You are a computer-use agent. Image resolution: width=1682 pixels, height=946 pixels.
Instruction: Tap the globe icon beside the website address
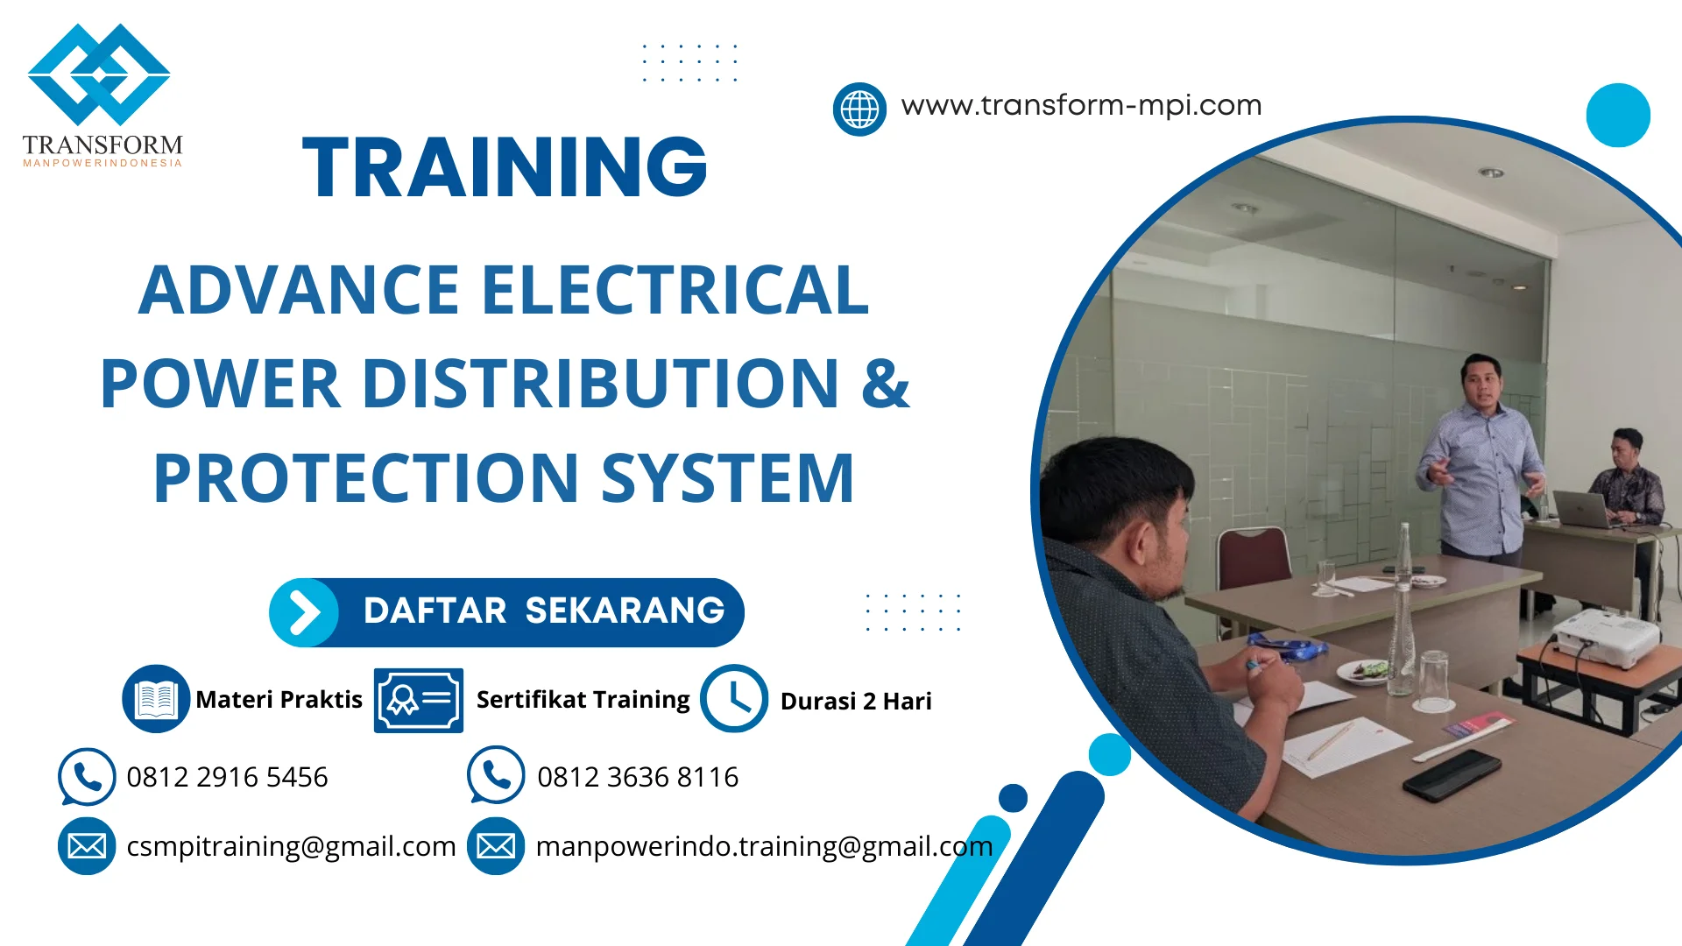[859, 109]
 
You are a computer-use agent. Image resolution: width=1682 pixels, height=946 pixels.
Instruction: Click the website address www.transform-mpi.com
[1081, 105]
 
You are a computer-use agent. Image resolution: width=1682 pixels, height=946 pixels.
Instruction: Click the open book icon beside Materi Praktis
[156, 699]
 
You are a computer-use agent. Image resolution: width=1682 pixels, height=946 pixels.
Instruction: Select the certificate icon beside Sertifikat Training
[418, 700]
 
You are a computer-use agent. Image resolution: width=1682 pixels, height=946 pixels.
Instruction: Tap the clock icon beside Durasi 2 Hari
[734, 699]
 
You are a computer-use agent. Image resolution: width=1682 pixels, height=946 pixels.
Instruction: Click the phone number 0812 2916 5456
[227, 777]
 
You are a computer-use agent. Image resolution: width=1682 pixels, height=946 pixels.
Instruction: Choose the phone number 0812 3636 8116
[638, 777]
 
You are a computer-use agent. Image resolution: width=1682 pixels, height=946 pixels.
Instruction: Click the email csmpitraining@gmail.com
[291, 846]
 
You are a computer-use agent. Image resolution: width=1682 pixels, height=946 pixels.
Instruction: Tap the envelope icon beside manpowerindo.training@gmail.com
[496, 846]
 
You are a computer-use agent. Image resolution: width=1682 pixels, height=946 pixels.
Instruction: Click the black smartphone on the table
[1452, 773]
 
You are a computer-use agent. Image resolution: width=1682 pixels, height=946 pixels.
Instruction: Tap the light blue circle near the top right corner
[1618, 115]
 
